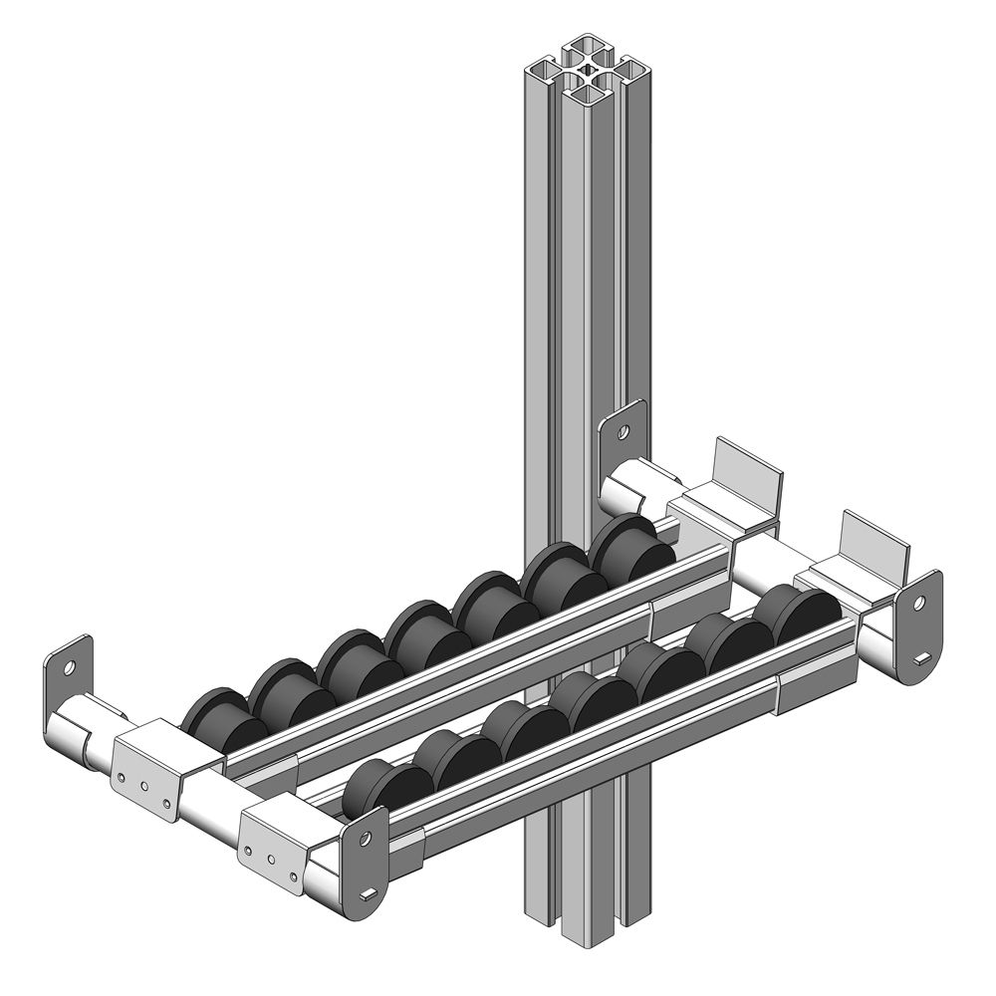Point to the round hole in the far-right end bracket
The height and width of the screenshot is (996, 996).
tap(918, 603)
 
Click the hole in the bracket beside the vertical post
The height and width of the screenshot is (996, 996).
tap(623, 433)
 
